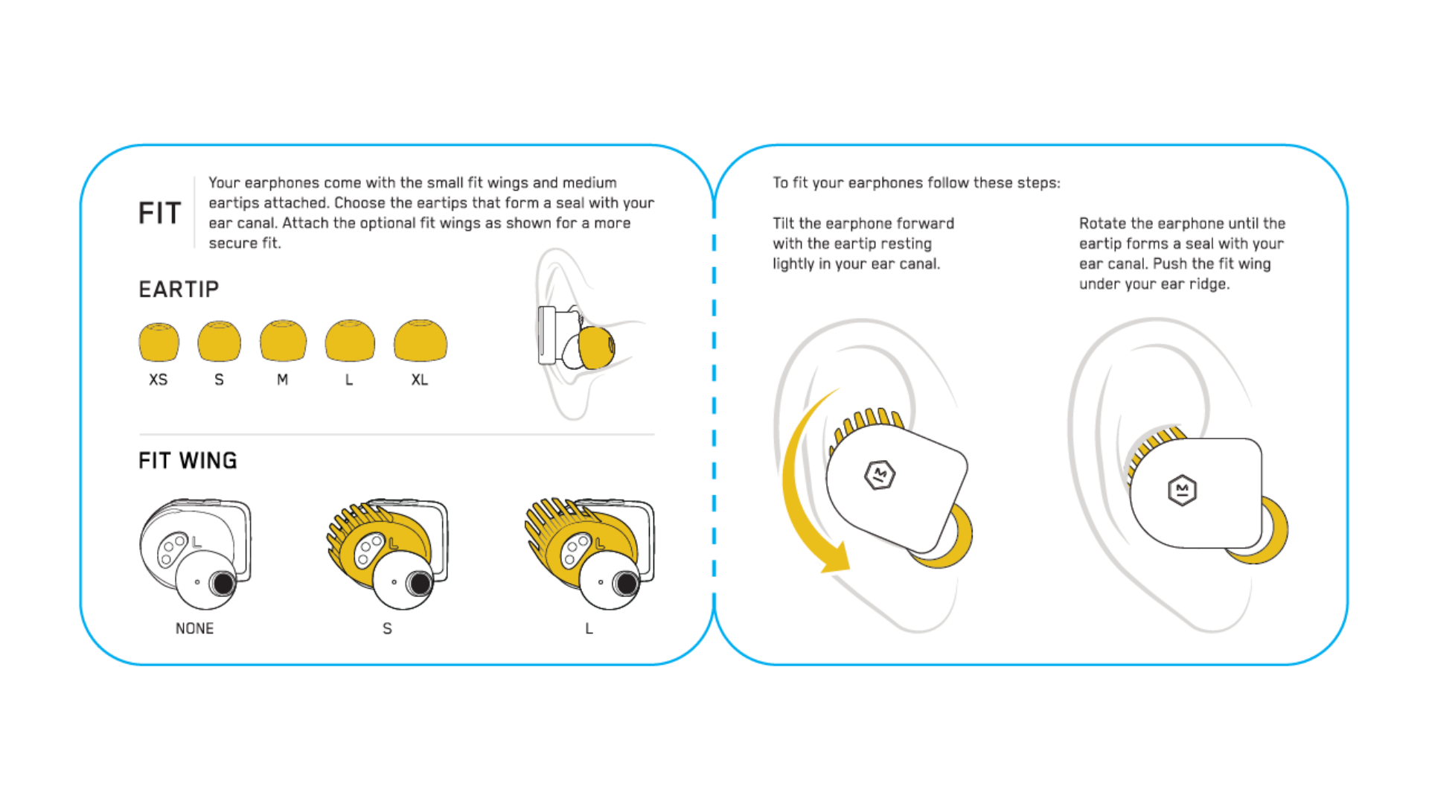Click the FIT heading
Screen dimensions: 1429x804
[160, 214]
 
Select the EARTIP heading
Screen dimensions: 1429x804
[179, 289]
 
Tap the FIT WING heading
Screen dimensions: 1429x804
[188, 461]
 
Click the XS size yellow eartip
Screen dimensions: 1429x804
[159, 342]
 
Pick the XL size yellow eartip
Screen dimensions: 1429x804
[421, 342]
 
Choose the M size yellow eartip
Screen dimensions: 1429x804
[283, 342]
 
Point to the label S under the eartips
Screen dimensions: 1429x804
[219, 380]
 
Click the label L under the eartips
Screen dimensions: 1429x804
[349, 380]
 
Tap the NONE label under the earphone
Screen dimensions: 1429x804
[194, 628]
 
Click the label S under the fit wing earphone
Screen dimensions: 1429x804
[387, 628]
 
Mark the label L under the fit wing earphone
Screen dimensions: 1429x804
[589, 628]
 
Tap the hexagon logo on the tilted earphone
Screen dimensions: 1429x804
[880, 474]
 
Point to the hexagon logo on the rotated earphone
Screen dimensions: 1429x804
[1182, 490]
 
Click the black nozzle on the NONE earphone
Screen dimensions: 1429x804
[223, 583]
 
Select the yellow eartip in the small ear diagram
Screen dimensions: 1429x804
[596, 348]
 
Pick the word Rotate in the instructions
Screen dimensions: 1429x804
[1102, 223]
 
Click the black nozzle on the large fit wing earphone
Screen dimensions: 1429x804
[627, 584]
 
